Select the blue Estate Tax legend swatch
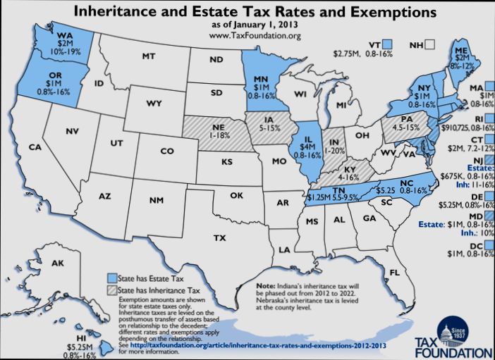(111, 277)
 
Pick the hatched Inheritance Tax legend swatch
(111, 289)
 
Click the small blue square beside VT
(388, 44)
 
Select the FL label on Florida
(394, 272)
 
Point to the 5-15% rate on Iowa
(269, 129)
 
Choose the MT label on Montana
(148, 56)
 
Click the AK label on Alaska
(58, 263)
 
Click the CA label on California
(35, 147)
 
